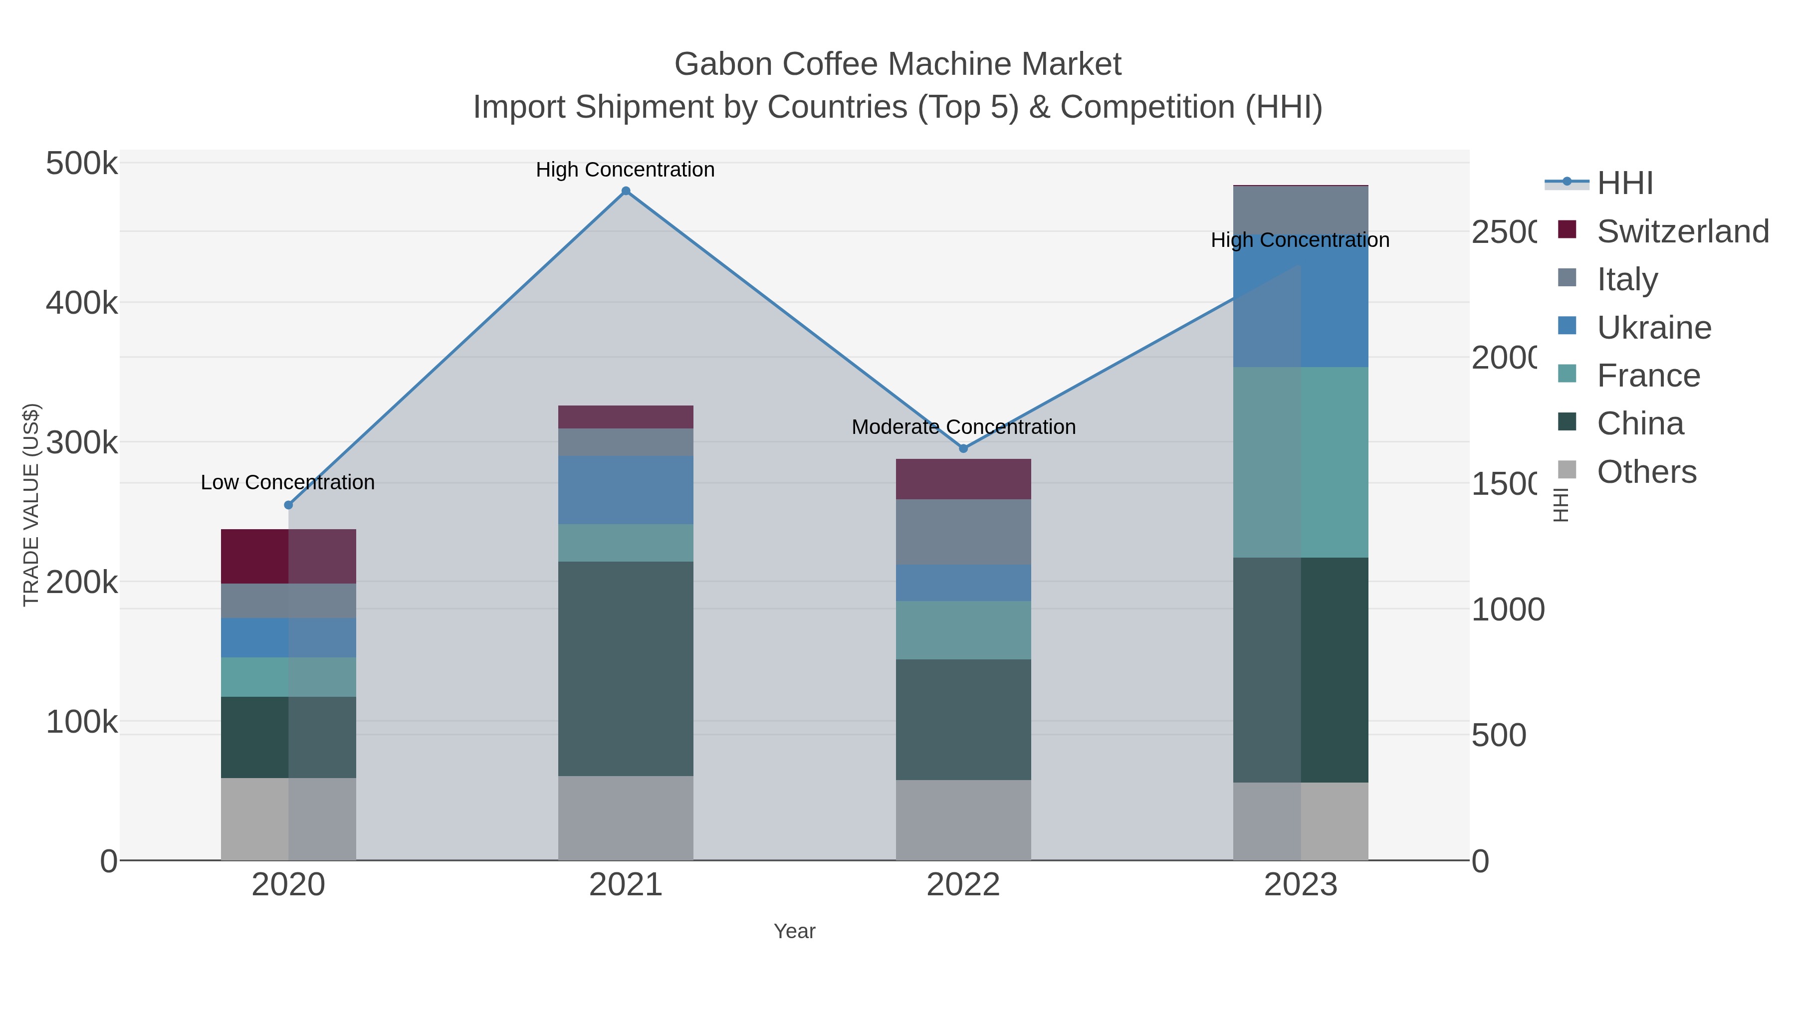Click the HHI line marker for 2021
(x=626, y=191)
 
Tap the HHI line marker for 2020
(x=289, y=505)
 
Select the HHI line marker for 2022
(x=963, y=448)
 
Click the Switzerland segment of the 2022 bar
(x=963, y=479)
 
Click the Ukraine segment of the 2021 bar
(x=626, y=489)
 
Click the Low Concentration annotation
(x=287, y=482)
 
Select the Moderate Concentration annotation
(x=963, y=426)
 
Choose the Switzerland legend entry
(x=1682, y=231)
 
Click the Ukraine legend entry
(x=1653, y=328)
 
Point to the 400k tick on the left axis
(x=82, y=303)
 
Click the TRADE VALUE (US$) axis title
(x=30, y=505)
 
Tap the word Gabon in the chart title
(x=723, y=64)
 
